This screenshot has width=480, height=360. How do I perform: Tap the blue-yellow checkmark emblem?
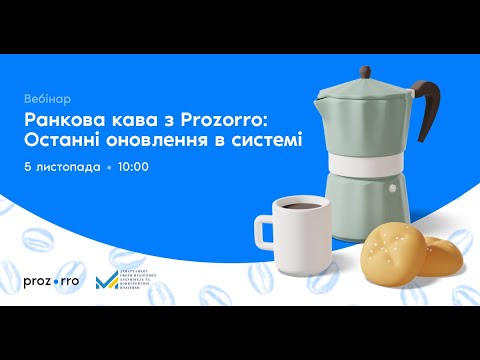click(106, 281)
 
